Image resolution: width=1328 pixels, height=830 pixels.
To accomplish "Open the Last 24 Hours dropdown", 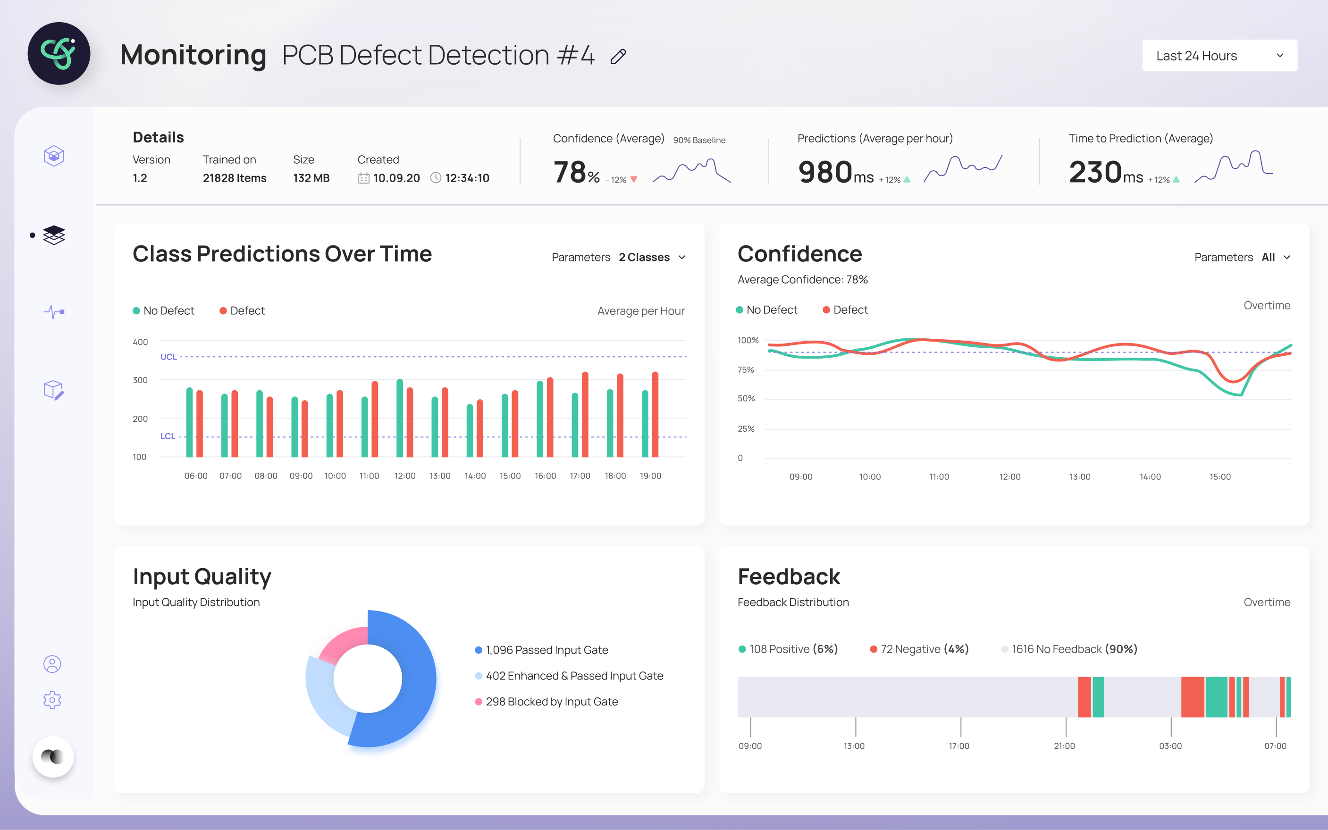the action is click(x=1219, y=55).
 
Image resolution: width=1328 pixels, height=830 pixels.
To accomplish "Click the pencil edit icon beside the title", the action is click(x=618, y=57).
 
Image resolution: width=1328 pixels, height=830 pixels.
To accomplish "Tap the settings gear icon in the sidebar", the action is click(x=52, y=700).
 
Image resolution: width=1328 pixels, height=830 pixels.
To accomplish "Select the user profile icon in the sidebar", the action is click(x=52, y=664).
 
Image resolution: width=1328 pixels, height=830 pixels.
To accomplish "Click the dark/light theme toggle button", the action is click(x=53, y=756).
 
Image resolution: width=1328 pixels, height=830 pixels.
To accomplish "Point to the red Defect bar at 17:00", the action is click(x=585, y=414).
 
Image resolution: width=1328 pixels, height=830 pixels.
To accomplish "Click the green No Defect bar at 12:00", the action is click(x=400, y=418).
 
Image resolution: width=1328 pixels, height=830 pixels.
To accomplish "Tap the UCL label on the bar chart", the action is click(x=168, y=357).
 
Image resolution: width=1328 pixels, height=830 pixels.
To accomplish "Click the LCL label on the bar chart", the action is click(x=168, y=436).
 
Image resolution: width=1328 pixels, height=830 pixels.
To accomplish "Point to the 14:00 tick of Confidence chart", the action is click(x=1150, y=477).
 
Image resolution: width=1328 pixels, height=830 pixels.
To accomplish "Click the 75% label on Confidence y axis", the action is click(x=746, y=370).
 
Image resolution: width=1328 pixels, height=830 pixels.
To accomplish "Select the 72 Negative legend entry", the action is click(x=920, y=649).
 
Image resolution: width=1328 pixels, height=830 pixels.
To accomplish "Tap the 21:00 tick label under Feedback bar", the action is click(x=1065, y=746).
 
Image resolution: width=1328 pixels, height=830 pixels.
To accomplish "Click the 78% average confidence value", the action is click(x=576, y=172).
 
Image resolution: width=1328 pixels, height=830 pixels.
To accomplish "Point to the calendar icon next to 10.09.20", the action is click(x=363, y=178).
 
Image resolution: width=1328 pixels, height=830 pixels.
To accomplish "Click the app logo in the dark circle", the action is click(x=59, y=53).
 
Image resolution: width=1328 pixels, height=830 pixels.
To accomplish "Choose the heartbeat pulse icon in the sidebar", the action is click(x=54, y=312).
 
